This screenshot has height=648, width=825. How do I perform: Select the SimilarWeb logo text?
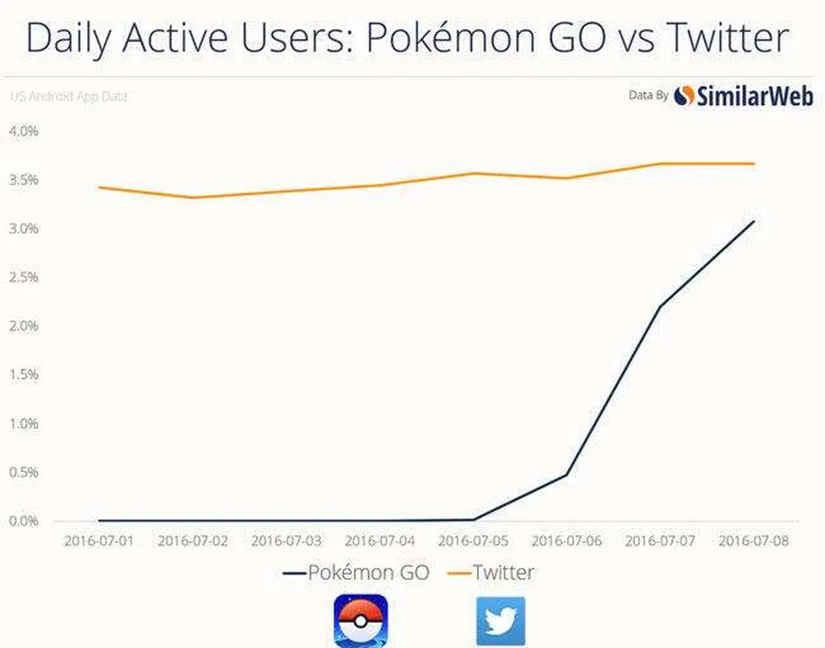tap(754, 97)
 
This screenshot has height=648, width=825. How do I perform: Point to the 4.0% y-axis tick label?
tap(24, 130)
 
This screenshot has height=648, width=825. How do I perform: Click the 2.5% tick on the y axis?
tap(24, 277)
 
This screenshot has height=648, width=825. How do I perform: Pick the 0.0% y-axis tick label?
tap(24, 521)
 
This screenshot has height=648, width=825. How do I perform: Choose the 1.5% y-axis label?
tap(24, 374)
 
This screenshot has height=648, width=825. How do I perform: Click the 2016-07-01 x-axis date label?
tap(99, 540)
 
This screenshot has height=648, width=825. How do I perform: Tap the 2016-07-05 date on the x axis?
tap(474, 540)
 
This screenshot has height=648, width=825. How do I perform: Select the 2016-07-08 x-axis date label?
tap(754, 540)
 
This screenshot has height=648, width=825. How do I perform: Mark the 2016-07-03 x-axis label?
tap(286, 540)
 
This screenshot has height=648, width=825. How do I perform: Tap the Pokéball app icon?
tap(360, 621)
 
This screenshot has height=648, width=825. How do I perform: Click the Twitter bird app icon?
tap(500, 621)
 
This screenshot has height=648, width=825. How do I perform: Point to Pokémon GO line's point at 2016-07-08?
tap(754, 221)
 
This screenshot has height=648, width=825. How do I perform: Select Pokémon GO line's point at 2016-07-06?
tap(567, 474)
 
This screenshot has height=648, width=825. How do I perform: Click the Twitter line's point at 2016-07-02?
tap(193, 197)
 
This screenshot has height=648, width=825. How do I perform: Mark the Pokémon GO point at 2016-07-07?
tap(661, 306)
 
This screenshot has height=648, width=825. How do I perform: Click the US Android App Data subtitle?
tap(68, 97)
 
